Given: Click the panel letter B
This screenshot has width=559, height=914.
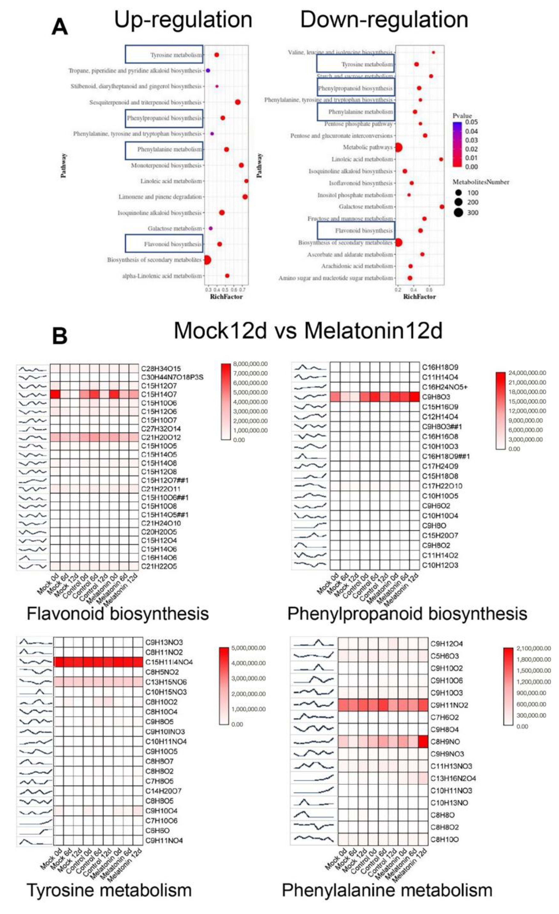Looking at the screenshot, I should tap(59, 336).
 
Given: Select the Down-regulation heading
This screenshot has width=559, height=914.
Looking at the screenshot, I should tap(384, 19).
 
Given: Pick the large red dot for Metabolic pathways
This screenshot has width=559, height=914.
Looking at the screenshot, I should tap(398, 148).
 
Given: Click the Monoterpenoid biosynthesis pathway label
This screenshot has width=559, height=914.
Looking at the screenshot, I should tap(166, 165).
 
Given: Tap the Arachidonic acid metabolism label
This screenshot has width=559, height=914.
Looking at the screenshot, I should tap(357, 266).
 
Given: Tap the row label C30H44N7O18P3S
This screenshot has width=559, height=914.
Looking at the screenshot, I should tap(172, 377).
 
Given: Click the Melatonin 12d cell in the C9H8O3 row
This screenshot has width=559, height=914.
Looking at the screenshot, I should tap(414, 397).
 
